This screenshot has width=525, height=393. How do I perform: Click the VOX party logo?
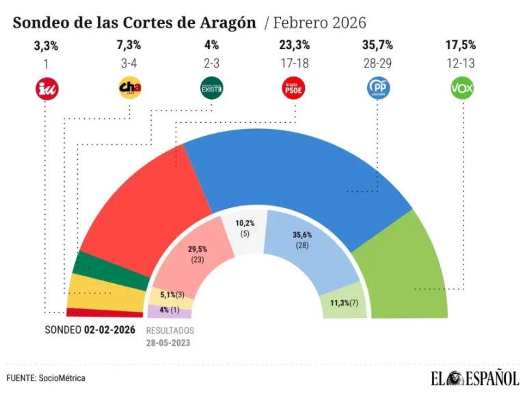pyautogui.click(x=463, y=89)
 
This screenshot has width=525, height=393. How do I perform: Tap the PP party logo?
pyautogui.click(x=378, y=89)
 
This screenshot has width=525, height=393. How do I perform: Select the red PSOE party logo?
pyautogui.click(x=294, y=89)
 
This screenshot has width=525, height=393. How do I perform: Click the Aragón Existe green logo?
pyautogui.click(x=211, y=89)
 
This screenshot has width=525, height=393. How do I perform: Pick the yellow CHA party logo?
pyautogui.click(x=129, y=89)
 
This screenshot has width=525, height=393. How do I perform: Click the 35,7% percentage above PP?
pyautogui.click(x=378, y=46)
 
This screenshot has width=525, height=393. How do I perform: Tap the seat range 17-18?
pyautogui.click(x=294, y=63)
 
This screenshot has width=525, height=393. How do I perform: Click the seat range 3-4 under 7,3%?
pyautogui.click(x=129, y=63)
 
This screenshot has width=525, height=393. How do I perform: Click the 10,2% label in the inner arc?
pyautogui.click(x=244, y=223)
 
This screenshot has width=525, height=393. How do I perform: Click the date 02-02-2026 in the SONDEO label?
pyautogui.click(x=109, y=330)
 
